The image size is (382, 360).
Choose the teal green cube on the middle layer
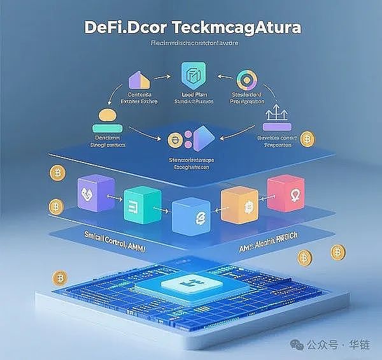(x=139, y=202)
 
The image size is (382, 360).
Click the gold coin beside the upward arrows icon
(x=308, y=140)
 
